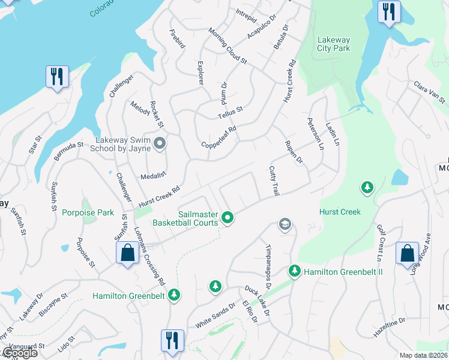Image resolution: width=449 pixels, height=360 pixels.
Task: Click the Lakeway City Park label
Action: click(x=333, y=44)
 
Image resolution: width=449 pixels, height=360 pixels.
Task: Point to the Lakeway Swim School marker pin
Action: click(x=160, y=143)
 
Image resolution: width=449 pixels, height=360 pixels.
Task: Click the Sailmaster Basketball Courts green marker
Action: click(x=227, y=218)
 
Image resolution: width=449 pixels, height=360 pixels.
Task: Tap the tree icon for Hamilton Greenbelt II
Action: click(x=294, y=271)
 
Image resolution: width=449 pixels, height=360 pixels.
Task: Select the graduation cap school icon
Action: click(x=285, y=225)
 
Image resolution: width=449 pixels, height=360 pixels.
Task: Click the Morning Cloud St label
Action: click(x=228, y=46)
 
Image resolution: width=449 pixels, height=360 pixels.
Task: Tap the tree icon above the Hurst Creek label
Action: click(x=366, y=188)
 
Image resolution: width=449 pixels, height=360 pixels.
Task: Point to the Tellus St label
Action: click(x=230, y=113)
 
